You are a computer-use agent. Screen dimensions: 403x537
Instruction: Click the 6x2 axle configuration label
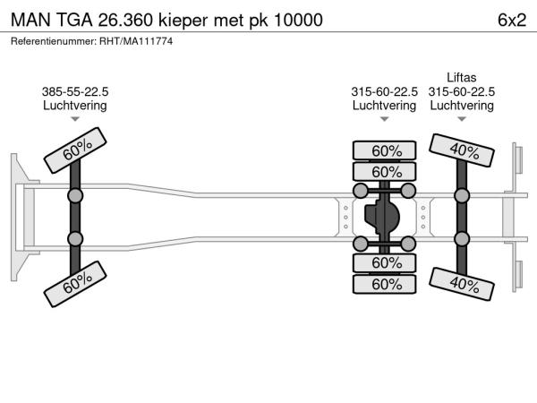[510, 19]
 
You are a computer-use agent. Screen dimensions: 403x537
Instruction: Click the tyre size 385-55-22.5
[75, 91]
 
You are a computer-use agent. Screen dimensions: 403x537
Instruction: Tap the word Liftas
[462, 78]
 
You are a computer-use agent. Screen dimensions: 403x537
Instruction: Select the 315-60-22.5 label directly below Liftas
[462, 91]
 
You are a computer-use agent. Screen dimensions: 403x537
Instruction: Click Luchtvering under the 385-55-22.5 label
[75, 105]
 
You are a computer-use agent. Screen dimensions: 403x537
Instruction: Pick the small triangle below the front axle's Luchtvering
[75, 118]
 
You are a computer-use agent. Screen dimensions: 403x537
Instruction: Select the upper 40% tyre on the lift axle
[462, 150]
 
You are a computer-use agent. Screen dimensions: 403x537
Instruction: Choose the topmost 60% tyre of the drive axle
[386, 150]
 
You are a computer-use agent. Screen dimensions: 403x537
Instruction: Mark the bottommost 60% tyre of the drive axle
[386, 283]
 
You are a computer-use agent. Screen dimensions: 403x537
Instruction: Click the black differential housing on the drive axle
[386, 217]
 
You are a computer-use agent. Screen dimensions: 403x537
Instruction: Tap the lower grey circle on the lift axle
[462, 239]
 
